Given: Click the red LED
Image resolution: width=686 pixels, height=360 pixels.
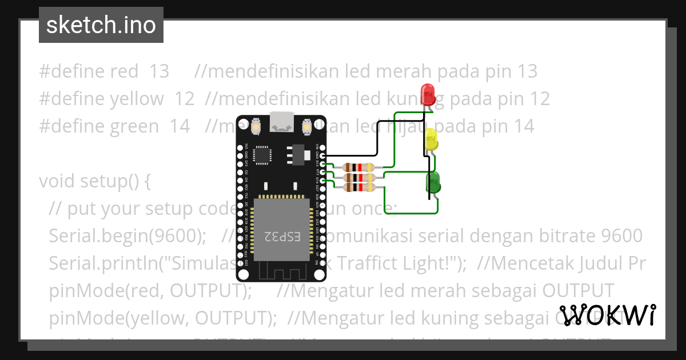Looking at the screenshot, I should (427, 93).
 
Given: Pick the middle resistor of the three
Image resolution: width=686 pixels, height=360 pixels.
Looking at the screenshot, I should (358, 177).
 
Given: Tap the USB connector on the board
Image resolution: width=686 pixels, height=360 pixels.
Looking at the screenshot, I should (282, 121).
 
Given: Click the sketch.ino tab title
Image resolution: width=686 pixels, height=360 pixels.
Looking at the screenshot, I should (101, 25).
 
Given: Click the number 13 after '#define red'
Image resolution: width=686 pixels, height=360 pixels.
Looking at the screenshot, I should (159, 71).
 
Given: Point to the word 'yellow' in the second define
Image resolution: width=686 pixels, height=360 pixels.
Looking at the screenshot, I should (137, 99).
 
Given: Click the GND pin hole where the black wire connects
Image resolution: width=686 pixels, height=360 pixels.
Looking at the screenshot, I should (323, 155).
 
